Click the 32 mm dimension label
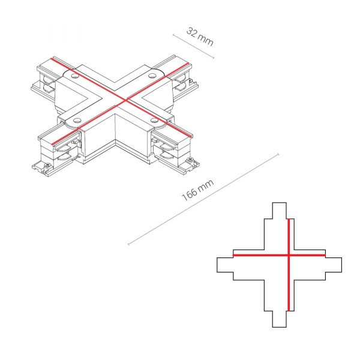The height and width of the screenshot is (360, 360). pyautogui.click(x=200, y=37)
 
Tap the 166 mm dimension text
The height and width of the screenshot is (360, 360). pyautogui.click(x=197, y=190)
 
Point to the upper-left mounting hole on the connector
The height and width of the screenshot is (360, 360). pyautogui.click(x=75, y=76)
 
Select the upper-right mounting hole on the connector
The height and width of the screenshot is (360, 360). pyautogui.click(x=152, y=75)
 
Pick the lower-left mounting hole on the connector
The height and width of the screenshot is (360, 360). pyautogui.click(x=76, y=120)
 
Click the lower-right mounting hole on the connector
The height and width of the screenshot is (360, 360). pyautogui.click(x=154, y=120)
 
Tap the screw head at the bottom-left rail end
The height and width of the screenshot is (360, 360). pyautogui.click(x=48, y=164)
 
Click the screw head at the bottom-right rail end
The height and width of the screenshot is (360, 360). pyautogui.click(x=190, y=160)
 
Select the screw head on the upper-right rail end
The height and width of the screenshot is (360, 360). pyautogui.click(x=190, y=80)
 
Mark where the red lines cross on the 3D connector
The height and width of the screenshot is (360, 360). pyautogui.click(x=125, y=100)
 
